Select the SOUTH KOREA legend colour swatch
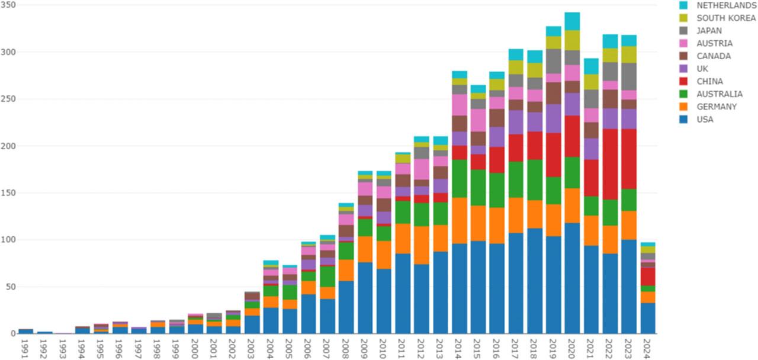point(683,18)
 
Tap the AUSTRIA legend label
point(714,43)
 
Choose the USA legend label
point(705,120)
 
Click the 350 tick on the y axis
point(8,5)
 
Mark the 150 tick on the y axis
point(8,192)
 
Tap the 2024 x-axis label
point(648,346)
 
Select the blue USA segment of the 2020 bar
point(572,278)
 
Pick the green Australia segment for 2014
point(459,178)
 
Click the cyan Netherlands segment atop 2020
point(572,21)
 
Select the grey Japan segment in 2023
point(629,76)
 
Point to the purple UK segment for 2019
point(554,118)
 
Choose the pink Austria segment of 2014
point(459,105)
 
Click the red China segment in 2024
point(648,277)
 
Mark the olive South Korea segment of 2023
point(629,54)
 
